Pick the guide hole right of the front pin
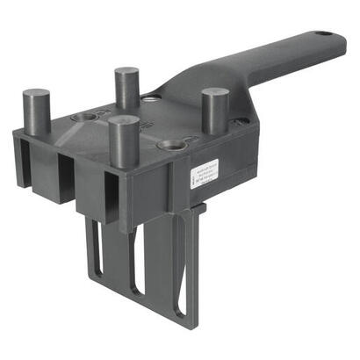click(x=173, y=143)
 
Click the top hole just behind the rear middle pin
click(x=152, y=98)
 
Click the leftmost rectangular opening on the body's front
click(x=25, y=167)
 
